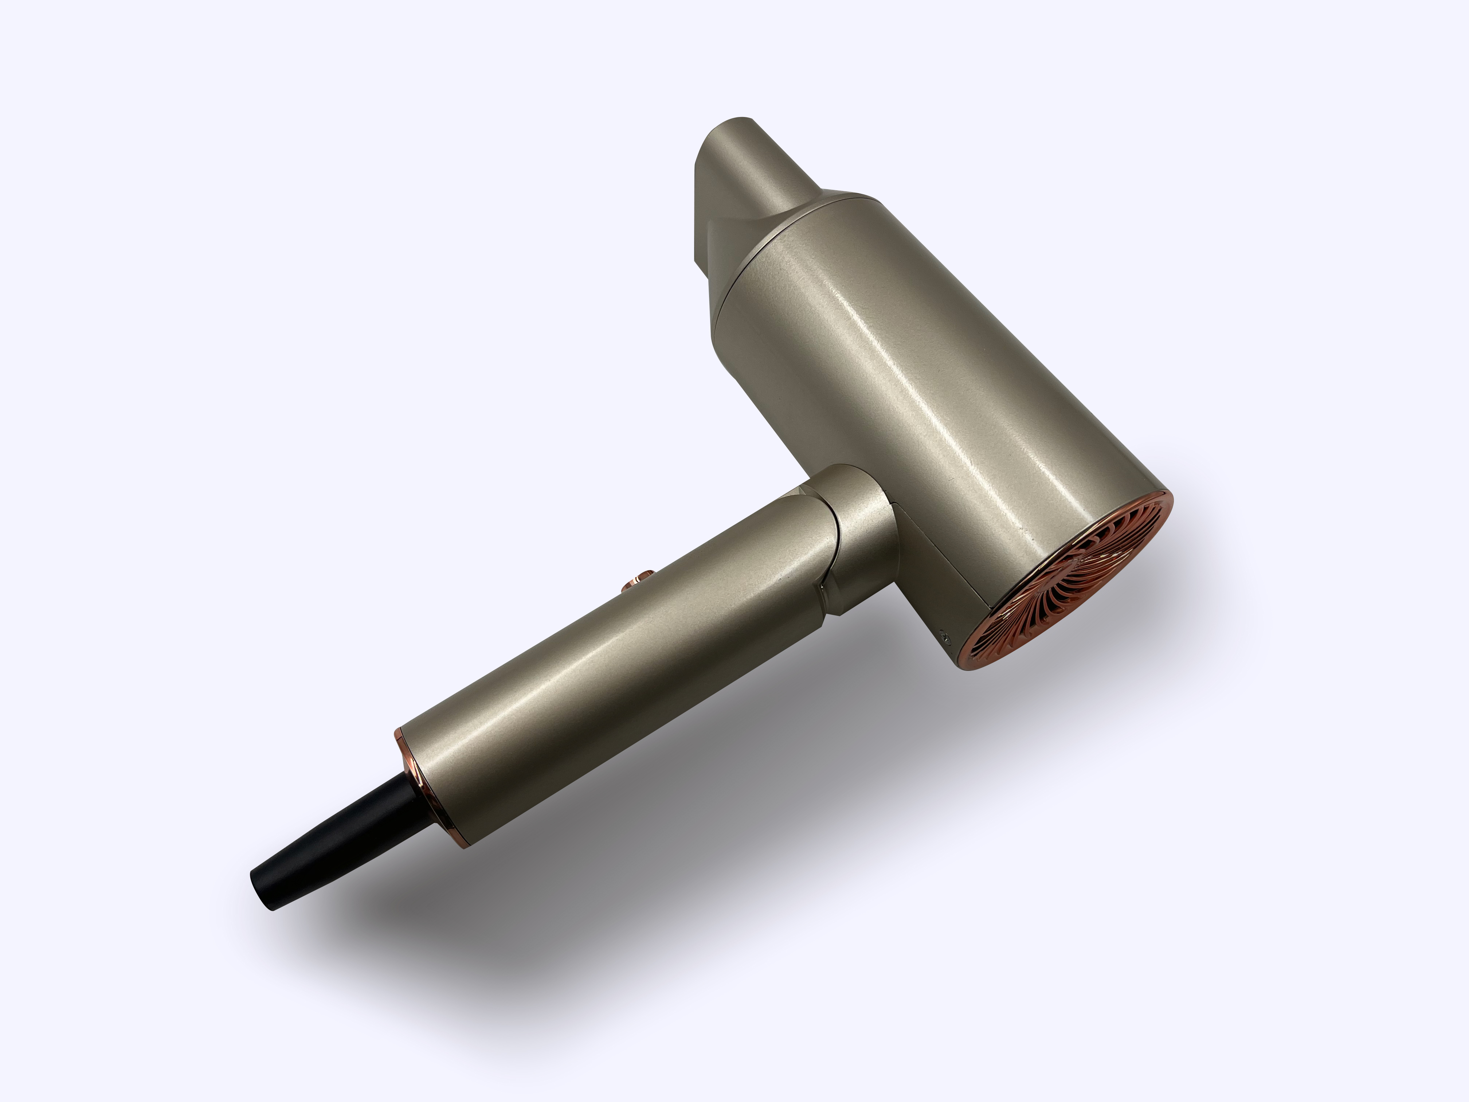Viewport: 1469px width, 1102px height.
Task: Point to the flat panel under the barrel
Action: click(943, 564)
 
